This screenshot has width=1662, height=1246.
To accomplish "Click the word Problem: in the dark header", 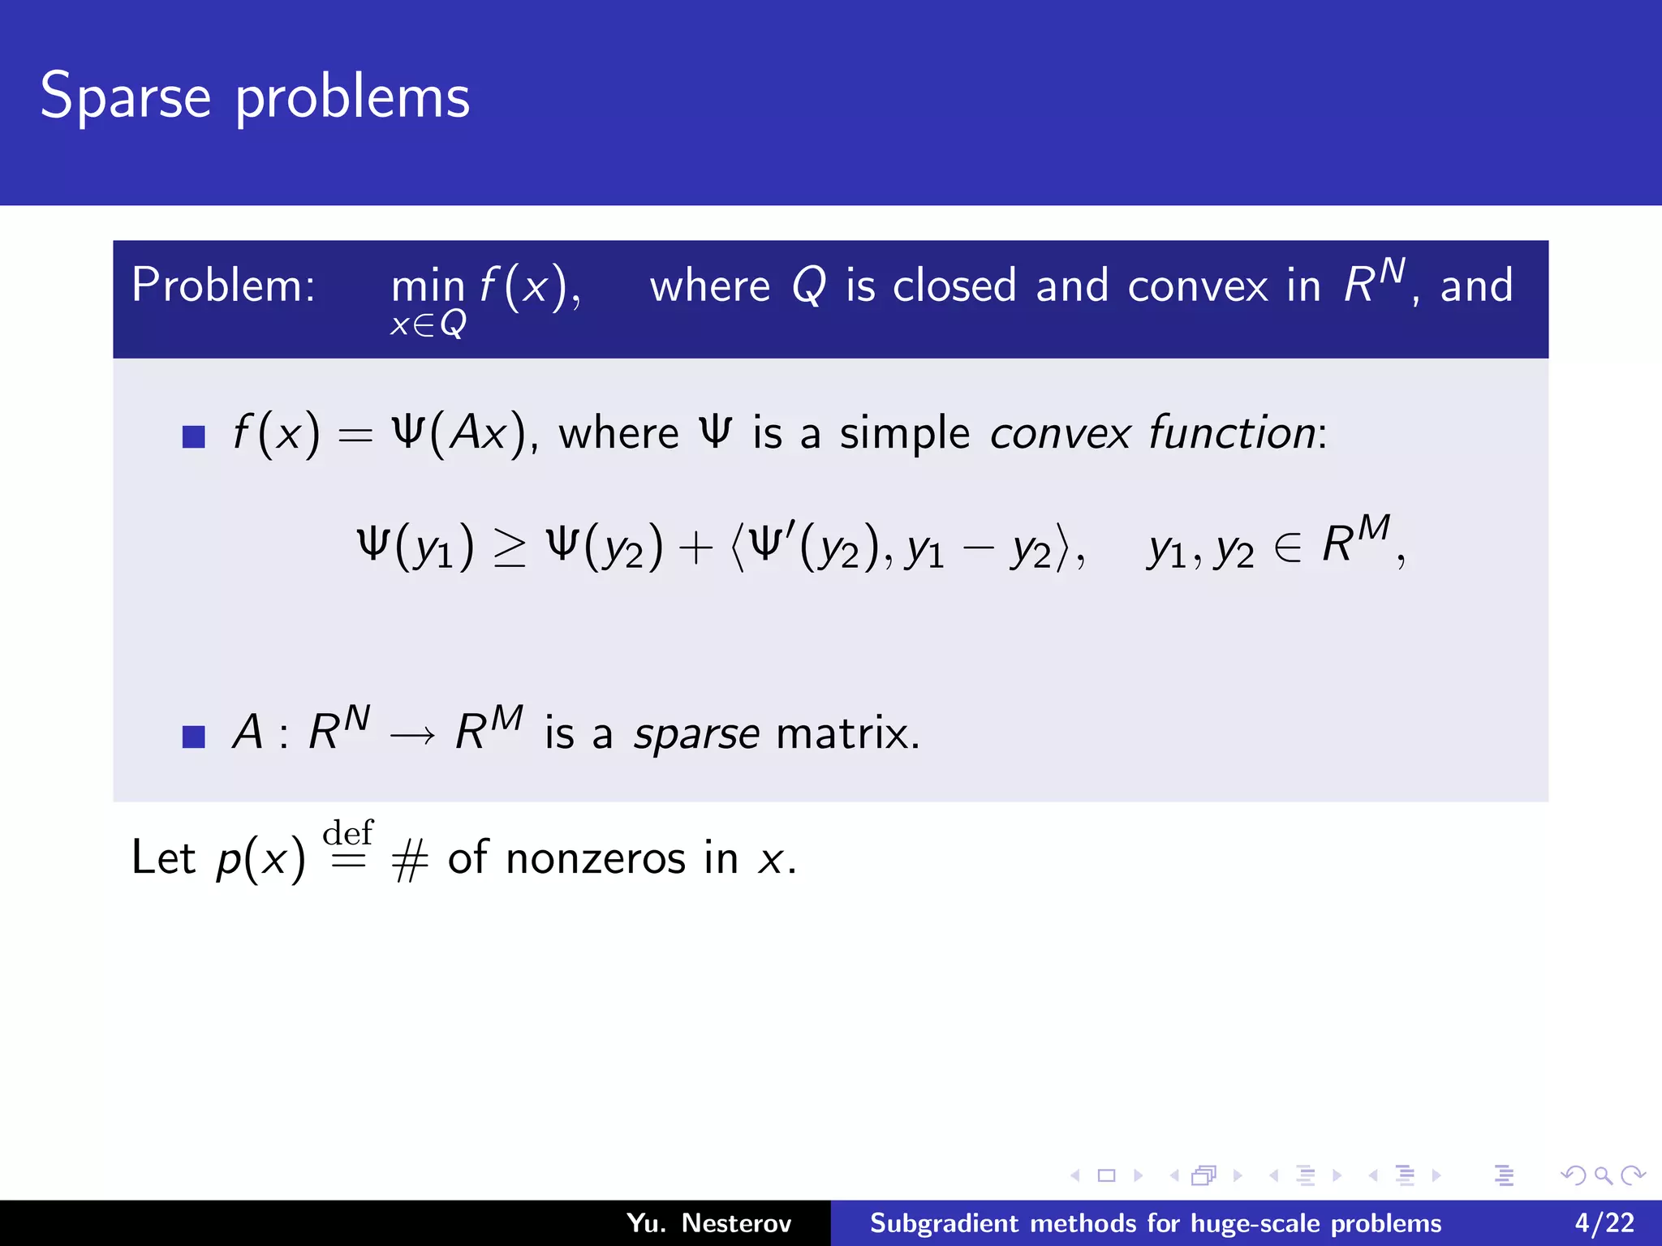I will click(x=223, y=286).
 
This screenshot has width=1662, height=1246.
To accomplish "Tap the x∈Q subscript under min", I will click(x=428, y=324).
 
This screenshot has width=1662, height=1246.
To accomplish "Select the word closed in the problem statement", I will click(x=954, y=286).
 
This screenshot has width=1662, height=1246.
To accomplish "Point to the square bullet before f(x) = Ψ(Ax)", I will click(x=193, y=436).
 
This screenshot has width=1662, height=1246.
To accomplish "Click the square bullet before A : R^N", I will click(x=193, y=737).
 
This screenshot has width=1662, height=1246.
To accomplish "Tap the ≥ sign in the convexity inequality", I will click(x=510, y=548).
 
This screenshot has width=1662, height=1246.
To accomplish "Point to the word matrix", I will click(x=846, y=733).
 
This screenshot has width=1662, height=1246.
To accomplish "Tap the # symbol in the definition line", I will click(x=409, y=861).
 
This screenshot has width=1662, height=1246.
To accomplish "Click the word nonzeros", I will click(x=596, y=858).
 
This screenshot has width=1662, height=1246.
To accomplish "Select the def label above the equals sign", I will click(x=348, y=832).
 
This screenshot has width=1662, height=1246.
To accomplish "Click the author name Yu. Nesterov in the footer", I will click(x=708, y=1222).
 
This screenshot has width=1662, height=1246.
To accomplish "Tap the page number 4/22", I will click(x=1604, y=1222).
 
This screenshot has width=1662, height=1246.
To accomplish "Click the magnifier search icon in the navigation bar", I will click(x=1603, y=1175).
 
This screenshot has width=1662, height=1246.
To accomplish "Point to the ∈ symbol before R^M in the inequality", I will click(x=1287, y=548).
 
